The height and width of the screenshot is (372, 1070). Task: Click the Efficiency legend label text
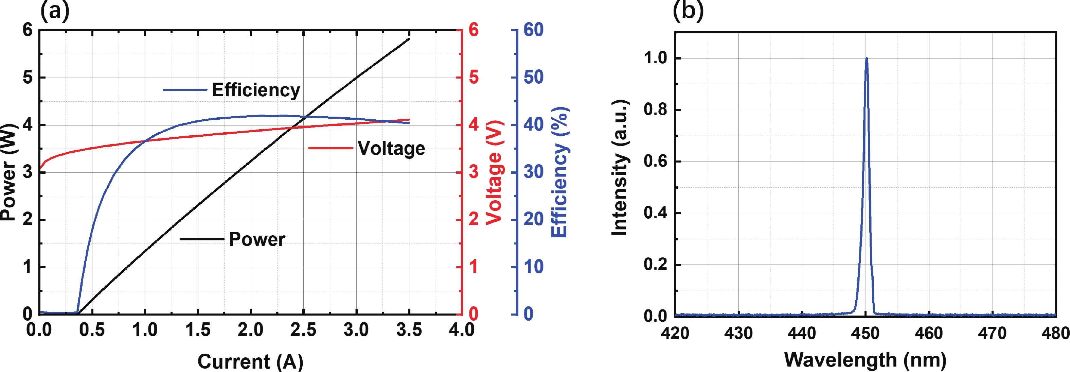[x=256, y=90]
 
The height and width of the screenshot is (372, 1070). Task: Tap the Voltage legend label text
[x=391, y=148]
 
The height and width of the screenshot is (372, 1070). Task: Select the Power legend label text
[x=257, y=239]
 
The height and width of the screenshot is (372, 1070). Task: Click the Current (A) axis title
[x=250, y=361]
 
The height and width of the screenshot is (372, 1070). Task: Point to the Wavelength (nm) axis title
[x=865, y=359]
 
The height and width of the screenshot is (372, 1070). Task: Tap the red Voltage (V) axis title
[x=495, y=172]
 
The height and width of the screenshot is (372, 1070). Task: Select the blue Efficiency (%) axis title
[x=559, y=172]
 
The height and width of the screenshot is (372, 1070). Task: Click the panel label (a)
[x=54, y=11]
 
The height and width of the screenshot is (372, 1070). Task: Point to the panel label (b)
[x=688, y=11]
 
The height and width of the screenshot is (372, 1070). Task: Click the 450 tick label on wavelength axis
[x=865, y=333]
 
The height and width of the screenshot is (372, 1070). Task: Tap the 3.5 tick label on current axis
[x=409, y=330]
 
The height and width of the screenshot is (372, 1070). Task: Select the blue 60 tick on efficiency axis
[x=533, y=30]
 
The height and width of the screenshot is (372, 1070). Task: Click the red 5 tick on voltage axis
[x=474, y=77]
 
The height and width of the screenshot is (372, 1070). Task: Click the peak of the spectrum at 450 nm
[x=867, y=58]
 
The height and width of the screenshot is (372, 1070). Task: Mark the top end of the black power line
[x=409, y=39]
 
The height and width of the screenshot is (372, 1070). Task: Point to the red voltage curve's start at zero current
[x=40, y=169]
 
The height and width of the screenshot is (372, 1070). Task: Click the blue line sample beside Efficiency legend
[x=184, y=90]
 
